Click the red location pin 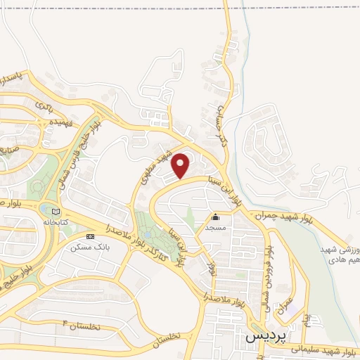pos(181,165)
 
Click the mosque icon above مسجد pos(215,217)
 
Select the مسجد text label pos(215,228)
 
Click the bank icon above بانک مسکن pos(89,237)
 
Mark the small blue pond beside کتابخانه pos(46,210)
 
